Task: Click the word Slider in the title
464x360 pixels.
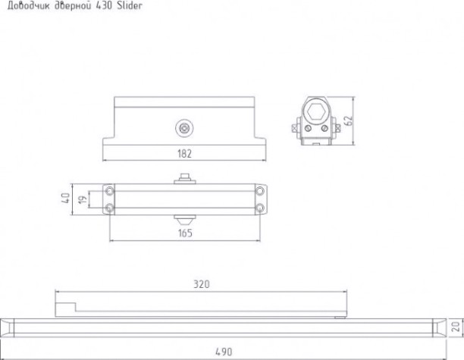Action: (130, 5)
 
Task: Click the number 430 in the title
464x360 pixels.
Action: (104, 5)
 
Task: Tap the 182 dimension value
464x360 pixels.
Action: (185, 154)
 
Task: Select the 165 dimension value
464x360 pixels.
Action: (185, 233)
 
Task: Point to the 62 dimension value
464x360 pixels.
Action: (350, 120)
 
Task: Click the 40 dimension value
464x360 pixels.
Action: (65, 198)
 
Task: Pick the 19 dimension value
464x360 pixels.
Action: (83, 199)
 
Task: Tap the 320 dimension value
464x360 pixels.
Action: (202, 284)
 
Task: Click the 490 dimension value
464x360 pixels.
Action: (224, 352)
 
